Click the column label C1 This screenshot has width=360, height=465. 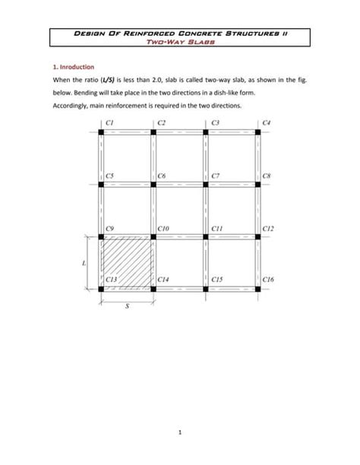coord(110,122)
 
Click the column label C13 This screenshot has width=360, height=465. coord(112,280)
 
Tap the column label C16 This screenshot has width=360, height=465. coord(270,280)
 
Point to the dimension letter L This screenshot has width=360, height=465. coord(83,263)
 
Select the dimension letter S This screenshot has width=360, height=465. coord(127,308)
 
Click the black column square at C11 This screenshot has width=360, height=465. coord(206,236)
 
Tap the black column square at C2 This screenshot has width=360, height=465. coord(153,131)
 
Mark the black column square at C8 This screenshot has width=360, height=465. coord(258,183)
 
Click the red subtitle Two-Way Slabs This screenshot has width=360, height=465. coord(180,43)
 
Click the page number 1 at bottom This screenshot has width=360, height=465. coord(180,434)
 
